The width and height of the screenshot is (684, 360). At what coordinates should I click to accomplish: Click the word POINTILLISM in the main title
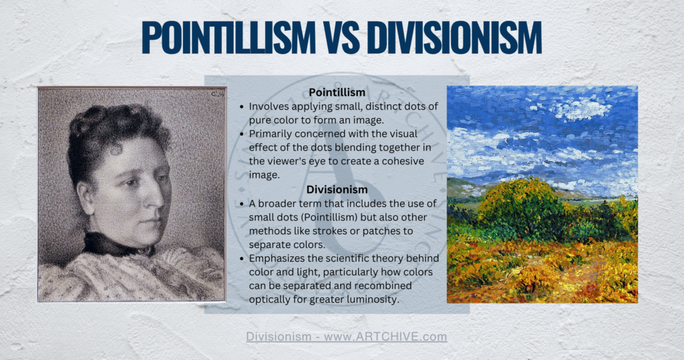point(228,37)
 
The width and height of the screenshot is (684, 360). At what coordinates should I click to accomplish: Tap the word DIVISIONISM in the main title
point(454,37)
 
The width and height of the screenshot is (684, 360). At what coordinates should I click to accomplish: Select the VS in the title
point(341,37)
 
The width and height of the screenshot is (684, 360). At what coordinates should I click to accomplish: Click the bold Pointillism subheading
point(337,92)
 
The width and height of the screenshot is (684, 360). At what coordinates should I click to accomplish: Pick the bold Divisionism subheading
point(337,190)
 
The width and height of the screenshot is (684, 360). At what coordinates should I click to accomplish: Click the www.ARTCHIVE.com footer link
point(385,337)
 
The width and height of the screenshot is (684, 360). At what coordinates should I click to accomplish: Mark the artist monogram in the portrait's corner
point(217,94)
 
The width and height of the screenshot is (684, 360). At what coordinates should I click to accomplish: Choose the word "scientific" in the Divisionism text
point(337,258)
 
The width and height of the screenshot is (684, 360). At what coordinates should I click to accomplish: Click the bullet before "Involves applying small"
point(242,107)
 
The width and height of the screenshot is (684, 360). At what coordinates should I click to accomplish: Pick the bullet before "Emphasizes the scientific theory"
point(242,258)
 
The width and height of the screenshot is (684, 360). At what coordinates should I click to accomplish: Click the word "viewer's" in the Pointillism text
point(287,161)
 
